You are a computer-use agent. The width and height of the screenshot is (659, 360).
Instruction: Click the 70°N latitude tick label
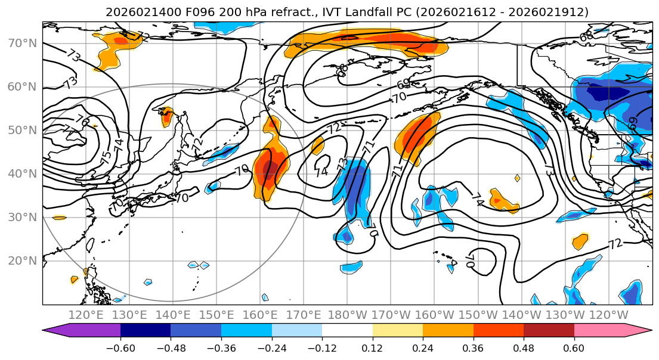[x=23, y=43]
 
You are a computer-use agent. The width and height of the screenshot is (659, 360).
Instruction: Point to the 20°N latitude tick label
[x=23, y=260]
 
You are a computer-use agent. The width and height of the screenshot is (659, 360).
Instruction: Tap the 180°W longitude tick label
[x=348, y=315]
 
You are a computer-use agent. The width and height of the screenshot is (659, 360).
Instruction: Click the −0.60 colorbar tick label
[x=120, y=347]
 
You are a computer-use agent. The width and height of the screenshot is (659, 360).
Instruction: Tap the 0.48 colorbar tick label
[x=524, y=347]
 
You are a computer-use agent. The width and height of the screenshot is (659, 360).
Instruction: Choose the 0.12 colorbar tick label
[x=372, y=347]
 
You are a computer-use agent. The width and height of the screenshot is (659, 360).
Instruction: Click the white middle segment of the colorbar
[x=347, y=331]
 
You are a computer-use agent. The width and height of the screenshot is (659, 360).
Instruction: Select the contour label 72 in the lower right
[x=615, y=243]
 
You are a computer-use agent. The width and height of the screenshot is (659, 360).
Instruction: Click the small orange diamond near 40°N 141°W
[x=517, y=178]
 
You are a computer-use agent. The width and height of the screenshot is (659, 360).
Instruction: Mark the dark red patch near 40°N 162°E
[x=269, y=170]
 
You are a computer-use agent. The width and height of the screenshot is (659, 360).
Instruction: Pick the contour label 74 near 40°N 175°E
[x=321, y=172]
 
